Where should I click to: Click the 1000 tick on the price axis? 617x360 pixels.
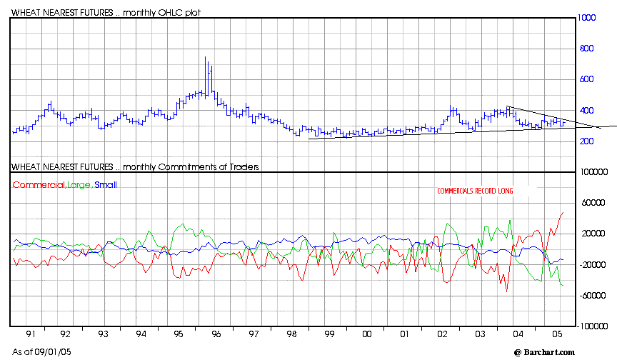[588, 18]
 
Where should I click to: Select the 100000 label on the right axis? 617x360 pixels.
[593, 172]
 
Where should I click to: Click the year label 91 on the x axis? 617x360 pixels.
[28, 334]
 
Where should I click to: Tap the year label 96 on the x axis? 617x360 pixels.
[216, 334]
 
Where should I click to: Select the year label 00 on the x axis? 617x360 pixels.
[366, 334]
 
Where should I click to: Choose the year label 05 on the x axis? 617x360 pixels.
[555, 334]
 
